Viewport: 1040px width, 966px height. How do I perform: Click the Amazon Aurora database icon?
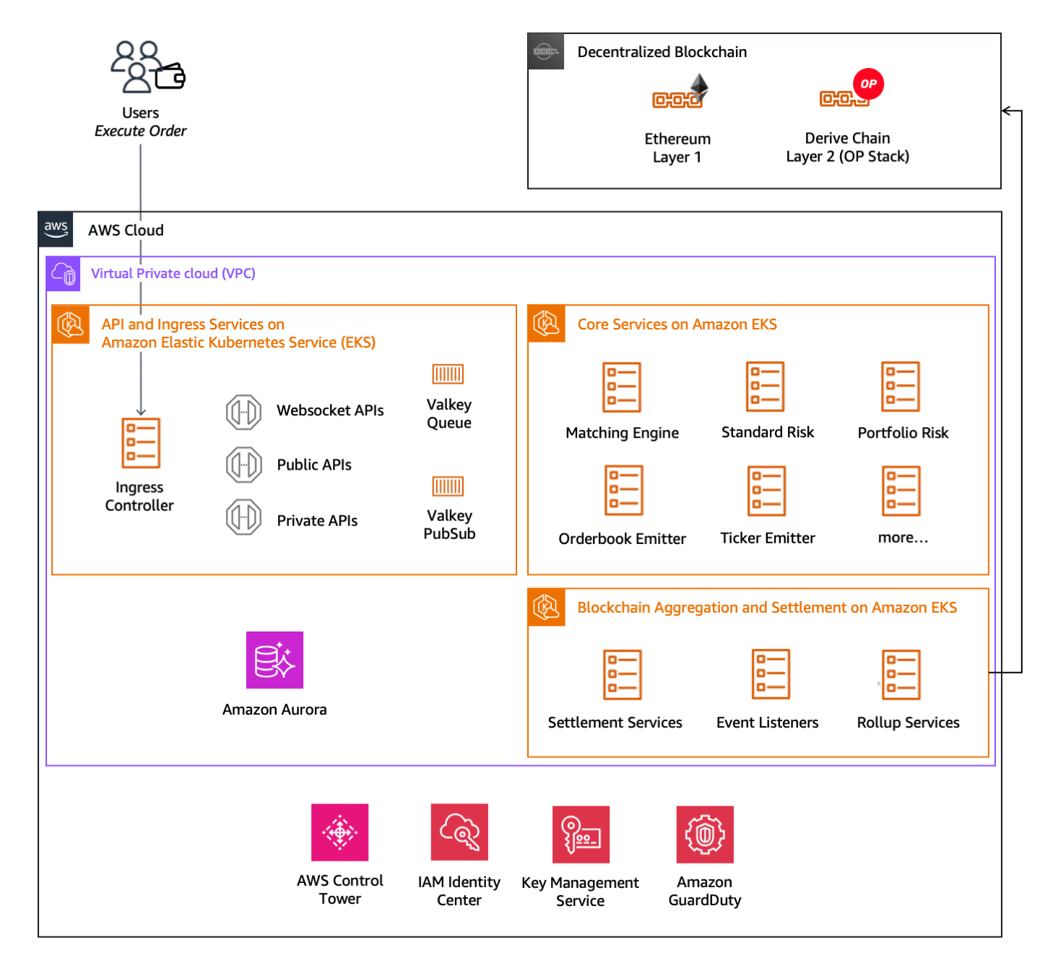pos(274,660)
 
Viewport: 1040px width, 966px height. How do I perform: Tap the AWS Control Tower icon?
pos(339,832)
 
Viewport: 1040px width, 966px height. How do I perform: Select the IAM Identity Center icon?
pos(459,832)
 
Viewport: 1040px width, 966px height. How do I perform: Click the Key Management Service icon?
pos(581,835)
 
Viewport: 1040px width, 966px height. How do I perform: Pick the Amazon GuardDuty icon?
pos(705,835)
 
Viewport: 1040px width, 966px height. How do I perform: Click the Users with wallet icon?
pos(147,67)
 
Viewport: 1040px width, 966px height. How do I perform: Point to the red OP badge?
pos(868,84)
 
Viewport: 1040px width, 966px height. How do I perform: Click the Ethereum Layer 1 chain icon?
pos(680,92)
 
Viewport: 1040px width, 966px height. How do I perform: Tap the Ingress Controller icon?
pos(141,443)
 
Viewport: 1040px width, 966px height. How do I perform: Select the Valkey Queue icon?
pos(448,374)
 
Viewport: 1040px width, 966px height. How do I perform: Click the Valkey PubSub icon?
pos(448,486)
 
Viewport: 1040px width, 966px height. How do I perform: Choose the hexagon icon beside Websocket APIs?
pos(243,413)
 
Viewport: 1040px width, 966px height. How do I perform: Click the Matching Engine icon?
pos(622,387)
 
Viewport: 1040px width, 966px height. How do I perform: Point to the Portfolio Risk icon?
pos(901,387)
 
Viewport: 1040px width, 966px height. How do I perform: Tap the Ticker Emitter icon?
pos(766,491)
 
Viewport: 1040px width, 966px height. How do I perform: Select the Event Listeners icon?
pos(771,674)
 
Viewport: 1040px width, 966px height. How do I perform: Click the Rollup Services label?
pos(908,723)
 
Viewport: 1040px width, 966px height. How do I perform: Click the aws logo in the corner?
pos(56,229)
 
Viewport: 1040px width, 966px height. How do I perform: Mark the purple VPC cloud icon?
pos(64,274)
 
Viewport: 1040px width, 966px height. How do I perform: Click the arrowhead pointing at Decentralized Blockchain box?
pos(1006,111)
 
